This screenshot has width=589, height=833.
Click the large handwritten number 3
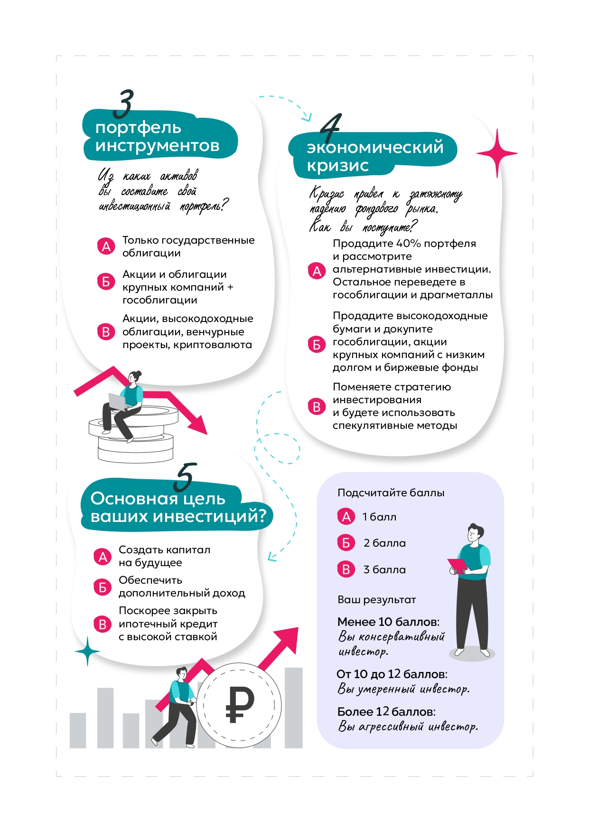click(x=123, y=104)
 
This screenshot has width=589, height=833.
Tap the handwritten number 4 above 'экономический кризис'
click(x=331, y=127)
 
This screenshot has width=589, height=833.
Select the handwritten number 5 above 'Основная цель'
click(x=185, y=477)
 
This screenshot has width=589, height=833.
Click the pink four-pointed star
click(x=496, y=153)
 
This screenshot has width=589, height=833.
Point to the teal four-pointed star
click(x=87, y=651)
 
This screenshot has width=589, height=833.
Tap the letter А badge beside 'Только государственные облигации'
click(x=106, y=246)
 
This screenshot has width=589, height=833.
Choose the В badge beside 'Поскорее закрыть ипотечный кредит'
click(x=102, y=624)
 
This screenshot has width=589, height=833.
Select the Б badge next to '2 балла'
click(x=346, y=543)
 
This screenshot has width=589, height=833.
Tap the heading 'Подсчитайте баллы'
click(x=391, y=492)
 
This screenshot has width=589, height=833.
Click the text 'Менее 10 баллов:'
click(x=388, y=622)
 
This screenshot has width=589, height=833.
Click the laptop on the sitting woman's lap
click(x=117, y=402)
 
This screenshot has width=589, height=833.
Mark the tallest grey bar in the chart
click(x=293, y=707)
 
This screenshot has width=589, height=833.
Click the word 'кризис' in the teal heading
click(x=337, y=166)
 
